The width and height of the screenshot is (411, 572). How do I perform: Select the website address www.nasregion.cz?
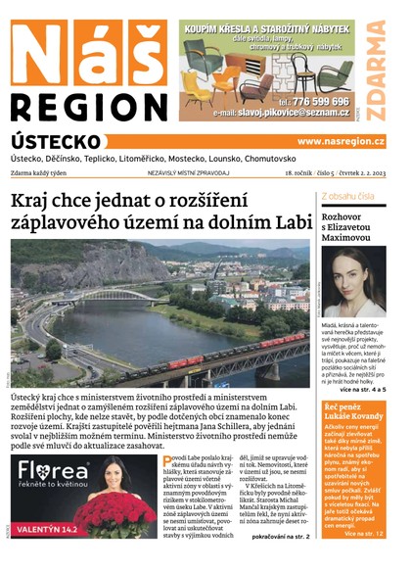click(x=341, y=142)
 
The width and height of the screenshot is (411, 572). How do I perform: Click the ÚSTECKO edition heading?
click(x=56, y=142)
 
